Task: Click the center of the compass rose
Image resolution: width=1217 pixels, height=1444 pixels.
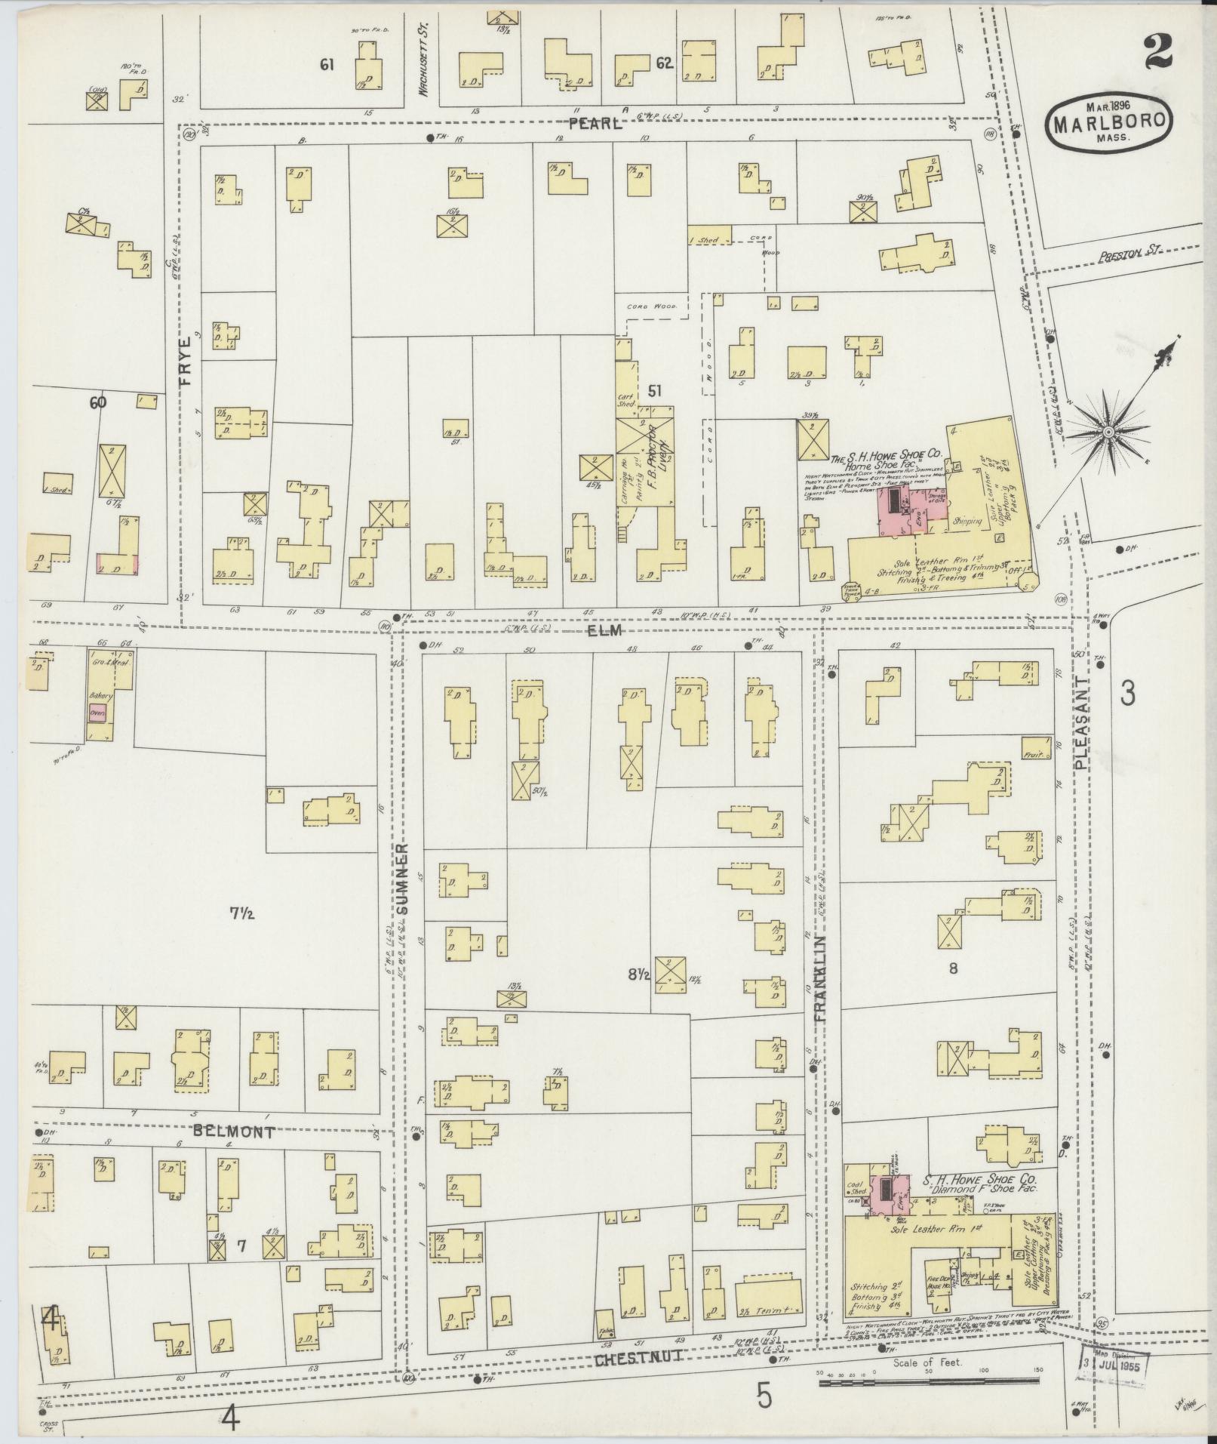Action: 1109,432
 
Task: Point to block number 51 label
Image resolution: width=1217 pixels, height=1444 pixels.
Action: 655,390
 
